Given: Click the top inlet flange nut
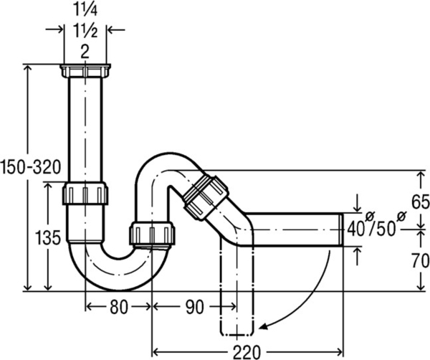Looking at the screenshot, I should (85, 71).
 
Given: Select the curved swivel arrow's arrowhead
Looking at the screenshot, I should (264, 327).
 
